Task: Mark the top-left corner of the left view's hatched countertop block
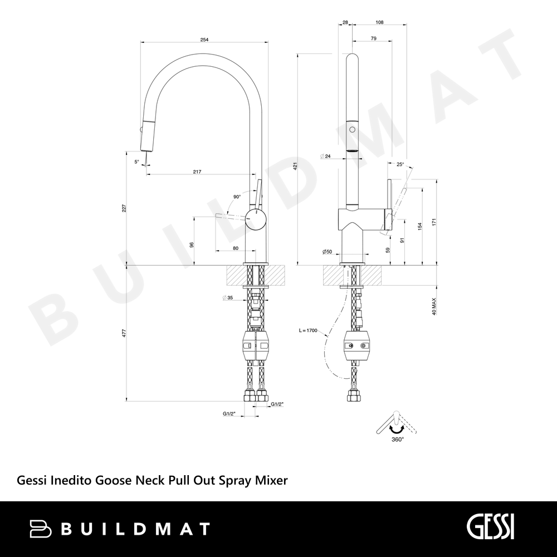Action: click(x=226, y=265)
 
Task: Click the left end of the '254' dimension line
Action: click(x=141, y=42)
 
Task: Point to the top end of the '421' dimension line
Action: click(x=297, y=54)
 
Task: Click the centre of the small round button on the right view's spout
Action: click(x=352, y=130)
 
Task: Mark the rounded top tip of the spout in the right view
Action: click(x=352, y=53)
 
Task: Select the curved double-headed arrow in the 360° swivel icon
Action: click(x=397, y=429)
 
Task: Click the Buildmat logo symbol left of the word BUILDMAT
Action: click(x=40, y=529)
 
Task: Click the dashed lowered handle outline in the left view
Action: click(x=230, y=217)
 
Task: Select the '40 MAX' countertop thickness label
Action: click(x=433, y=306)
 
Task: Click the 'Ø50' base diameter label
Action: click(x=327, y=252)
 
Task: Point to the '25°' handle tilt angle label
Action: click(x=400, y=164)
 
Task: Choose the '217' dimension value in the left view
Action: click(x=197, y=172)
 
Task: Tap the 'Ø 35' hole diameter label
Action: click(x=227, y=297)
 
